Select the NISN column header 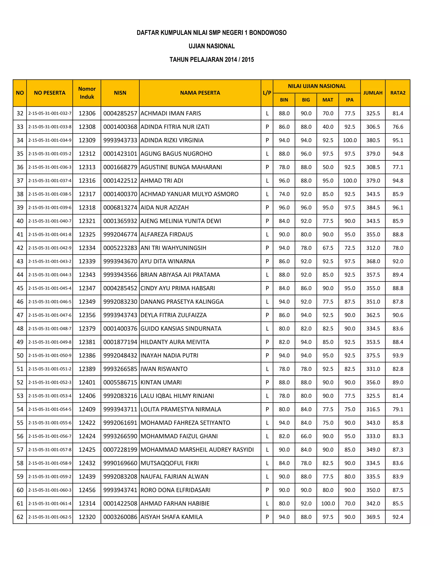point(120,93)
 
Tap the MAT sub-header point(328,100)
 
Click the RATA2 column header point(398,93)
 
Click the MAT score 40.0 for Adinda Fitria point(328,127)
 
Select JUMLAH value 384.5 point(373,207)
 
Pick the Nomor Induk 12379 point(87,329)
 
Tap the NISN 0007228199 point(120,450)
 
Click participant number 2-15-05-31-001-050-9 point(50,355)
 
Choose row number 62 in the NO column point(20,517)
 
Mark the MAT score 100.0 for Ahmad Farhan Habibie point(328,503)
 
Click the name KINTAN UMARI point(161,382)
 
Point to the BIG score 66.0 point(306,436)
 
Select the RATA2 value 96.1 point(398,207)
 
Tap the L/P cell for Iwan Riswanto point(267,369)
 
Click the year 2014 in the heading point(231,60)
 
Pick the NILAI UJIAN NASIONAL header point(317,86)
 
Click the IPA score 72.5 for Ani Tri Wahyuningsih point(350,248)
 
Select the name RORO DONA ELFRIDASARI point(175,490)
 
